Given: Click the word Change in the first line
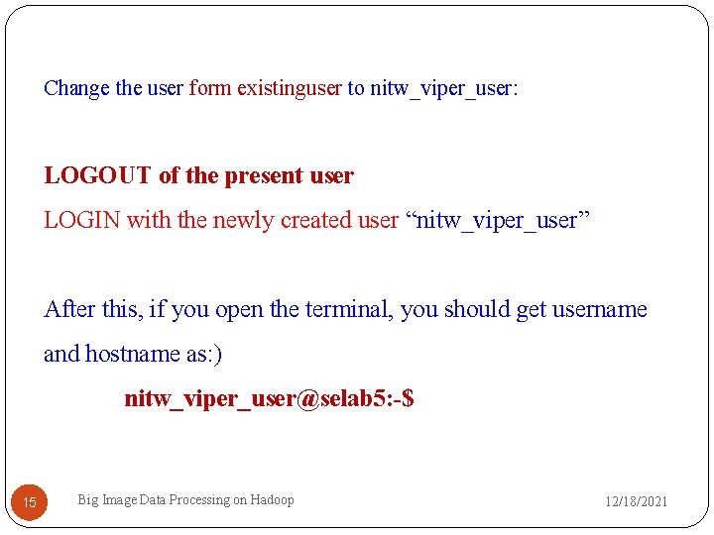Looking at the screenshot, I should click(76, 88).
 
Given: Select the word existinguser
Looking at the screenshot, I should click(289, 88).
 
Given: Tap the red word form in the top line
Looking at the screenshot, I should click(209, 88).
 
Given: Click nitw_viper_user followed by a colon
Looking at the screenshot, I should click(443, 88).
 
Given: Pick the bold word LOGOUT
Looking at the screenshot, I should click(97, 176).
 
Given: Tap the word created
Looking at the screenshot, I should click(315, 220).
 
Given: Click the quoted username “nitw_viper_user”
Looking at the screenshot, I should click(499, 220).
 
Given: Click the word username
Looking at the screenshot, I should click(600, 309).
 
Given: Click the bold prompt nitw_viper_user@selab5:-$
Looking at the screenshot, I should click(269, 398).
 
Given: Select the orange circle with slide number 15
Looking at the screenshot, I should click(29, 502).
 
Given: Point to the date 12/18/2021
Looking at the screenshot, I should click(637, 501).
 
